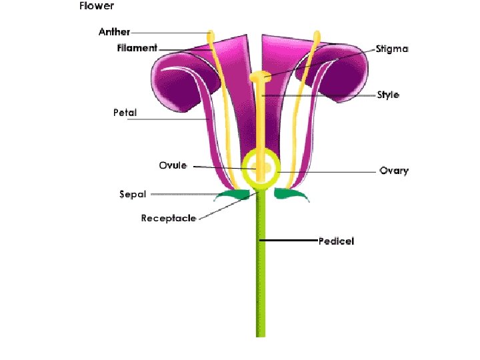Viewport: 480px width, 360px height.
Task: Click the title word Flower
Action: (x=97, y=7)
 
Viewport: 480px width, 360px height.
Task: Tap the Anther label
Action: (x=115, y=31)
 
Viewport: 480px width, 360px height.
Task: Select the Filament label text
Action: (x=137, y=48)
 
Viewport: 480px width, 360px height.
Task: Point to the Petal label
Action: (x=125, y=113)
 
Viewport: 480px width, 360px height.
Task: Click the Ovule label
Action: (x=173, y=165)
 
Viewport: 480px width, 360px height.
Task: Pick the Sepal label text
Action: (x=132, y=195)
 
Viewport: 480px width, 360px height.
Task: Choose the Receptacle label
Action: (x=169, y=219)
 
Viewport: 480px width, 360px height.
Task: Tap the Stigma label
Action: (x=392, y=49)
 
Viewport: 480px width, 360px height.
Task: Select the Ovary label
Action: (x=394, y=171)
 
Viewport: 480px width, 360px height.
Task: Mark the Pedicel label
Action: (x=336, y=241)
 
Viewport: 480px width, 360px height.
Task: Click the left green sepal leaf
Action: (x=233, y=195)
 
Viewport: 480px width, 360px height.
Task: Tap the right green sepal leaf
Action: (x=291, y=195)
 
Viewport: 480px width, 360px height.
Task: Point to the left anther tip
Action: (x=211, y=35)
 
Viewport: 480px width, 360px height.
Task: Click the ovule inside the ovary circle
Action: (x=265, y=168)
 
